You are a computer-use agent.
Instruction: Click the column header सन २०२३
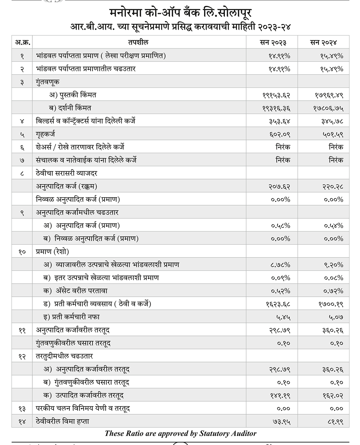coord(272,42)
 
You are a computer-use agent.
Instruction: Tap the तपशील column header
coord(139,42)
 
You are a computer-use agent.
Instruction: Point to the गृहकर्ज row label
coord(45,134)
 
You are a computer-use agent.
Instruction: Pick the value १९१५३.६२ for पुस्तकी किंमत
coord(276,95)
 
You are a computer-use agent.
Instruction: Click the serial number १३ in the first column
coord(22,409)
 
